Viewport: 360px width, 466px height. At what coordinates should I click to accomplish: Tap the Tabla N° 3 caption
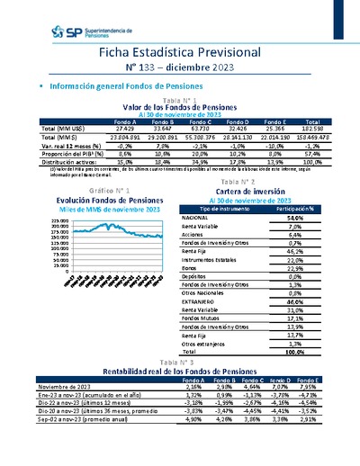(x=179, y=361)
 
